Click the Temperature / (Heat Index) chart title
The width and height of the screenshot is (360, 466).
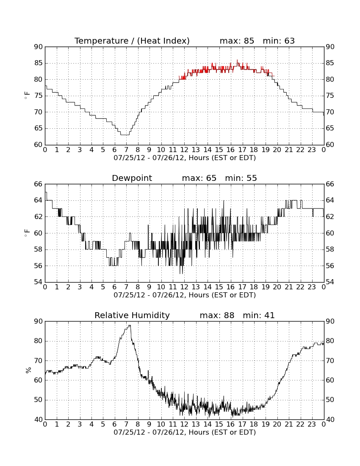pos(132,41)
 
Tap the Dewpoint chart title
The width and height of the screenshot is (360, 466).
pos(132,178)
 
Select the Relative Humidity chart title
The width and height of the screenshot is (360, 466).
pos(132,315)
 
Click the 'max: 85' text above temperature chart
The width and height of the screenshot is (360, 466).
pos(237,41)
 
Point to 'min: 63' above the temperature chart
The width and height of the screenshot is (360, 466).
pos(279,41)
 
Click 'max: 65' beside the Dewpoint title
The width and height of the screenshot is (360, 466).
pos(199,178)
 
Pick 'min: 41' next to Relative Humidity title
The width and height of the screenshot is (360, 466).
pos(259,315)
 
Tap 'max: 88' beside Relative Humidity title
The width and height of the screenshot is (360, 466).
pos(217,315)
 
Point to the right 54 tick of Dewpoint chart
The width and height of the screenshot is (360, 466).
pos(330,282)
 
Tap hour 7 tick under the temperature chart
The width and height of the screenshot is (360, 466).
pos(126,150)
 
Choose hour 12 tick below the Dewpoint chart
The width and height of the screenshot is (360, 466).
pos(184,287)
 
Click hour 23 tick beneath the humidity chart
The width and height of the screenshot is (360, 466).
pos(312,424)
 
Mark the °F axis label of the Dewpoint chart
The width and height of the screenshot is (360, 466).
pos(27,233)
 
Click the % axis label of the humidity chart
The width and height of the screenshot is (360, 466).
pos(28,370)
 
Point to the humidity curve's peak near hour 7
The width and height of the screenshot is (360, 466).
pos(129,325)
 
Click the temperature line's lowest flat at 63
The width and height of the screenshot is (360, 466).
pos(125,135)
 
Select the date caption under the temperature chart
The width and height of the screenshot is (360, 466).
pos(185,158)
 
